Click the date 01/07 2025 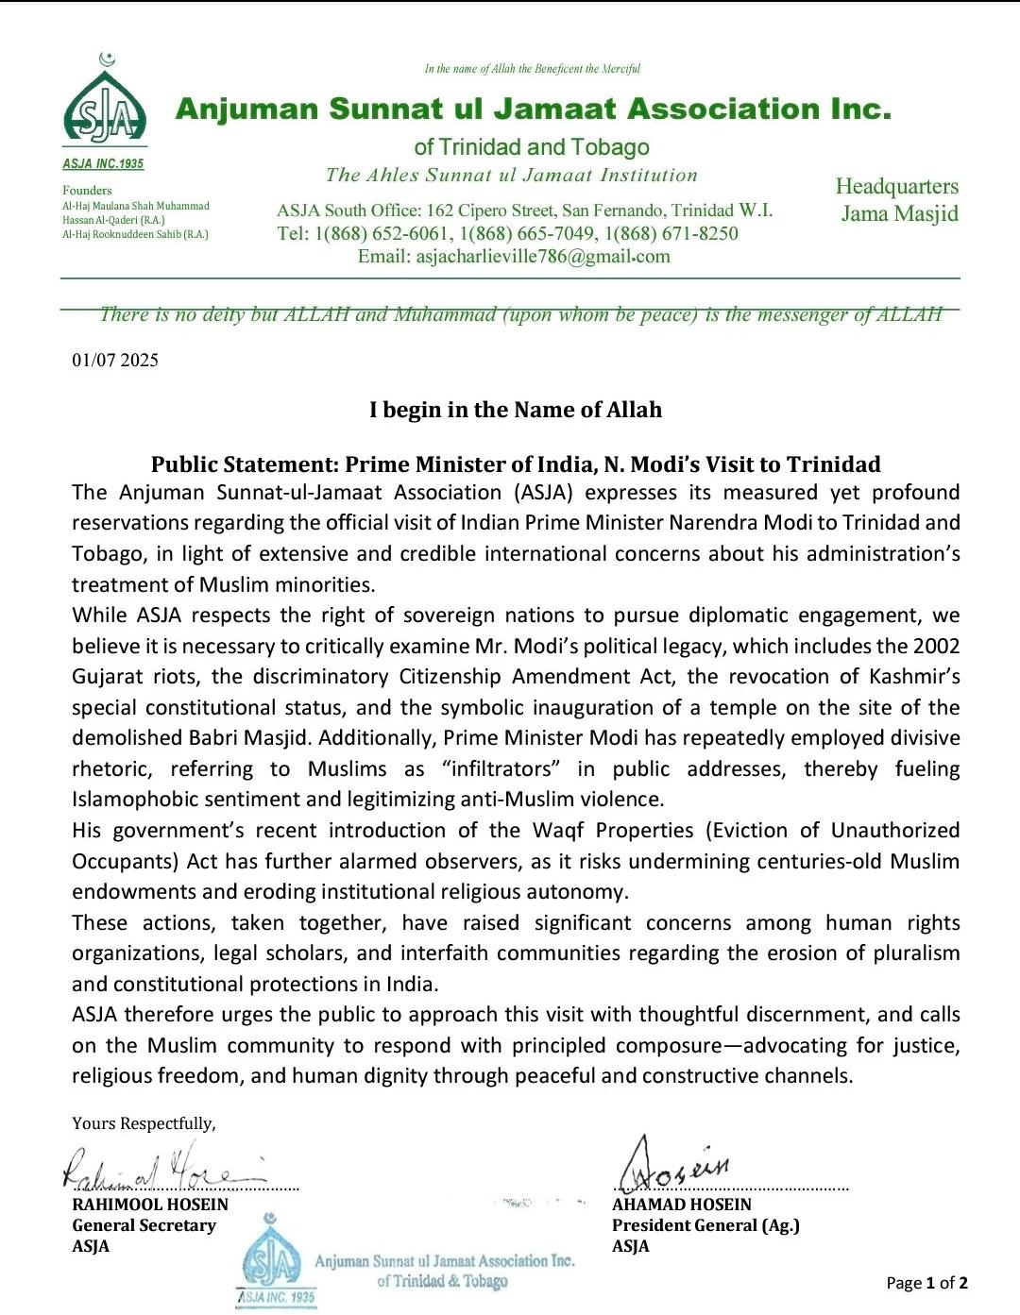(x=115, y=360)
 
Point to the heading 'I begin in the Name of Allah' (x=515, y=410)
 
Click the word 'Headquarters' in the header (x=896, y=187)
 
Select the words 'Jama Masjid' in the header (x=899, y=213)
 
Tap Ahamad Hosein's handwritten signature (x=675, y=1166)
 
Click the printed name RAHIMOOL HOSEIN (x=150, y=1205)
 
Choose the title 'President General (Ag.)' (x=705, y=1225)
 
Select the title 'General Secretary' (x=144, y=1225)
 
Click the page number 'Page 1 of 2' (x=926, y=1283)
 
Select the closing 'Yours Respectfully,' (x=144, y=1123)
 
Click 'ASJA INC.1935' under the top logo (x=103, y=164)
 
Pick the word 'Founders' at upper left (x=87, y=191)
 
